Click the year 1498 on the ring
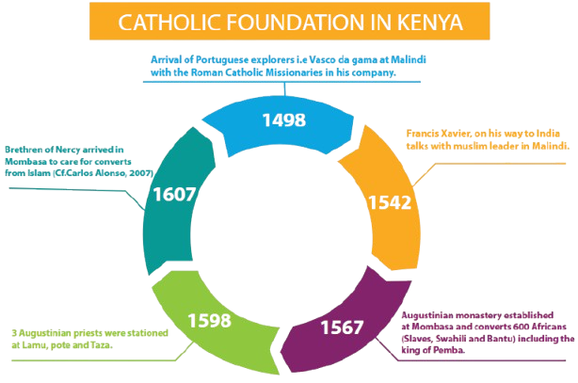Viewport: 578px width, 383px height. click(285, 120)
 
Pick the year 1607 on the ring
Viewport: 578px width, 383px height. click(176, 195)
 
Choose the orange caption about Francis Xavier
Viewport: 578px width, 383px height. click(488, 139)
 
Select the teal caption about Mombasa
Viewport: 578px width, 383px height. click(71, 162)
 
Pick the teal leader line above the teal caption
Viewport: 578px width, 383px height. click(75, 139)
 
